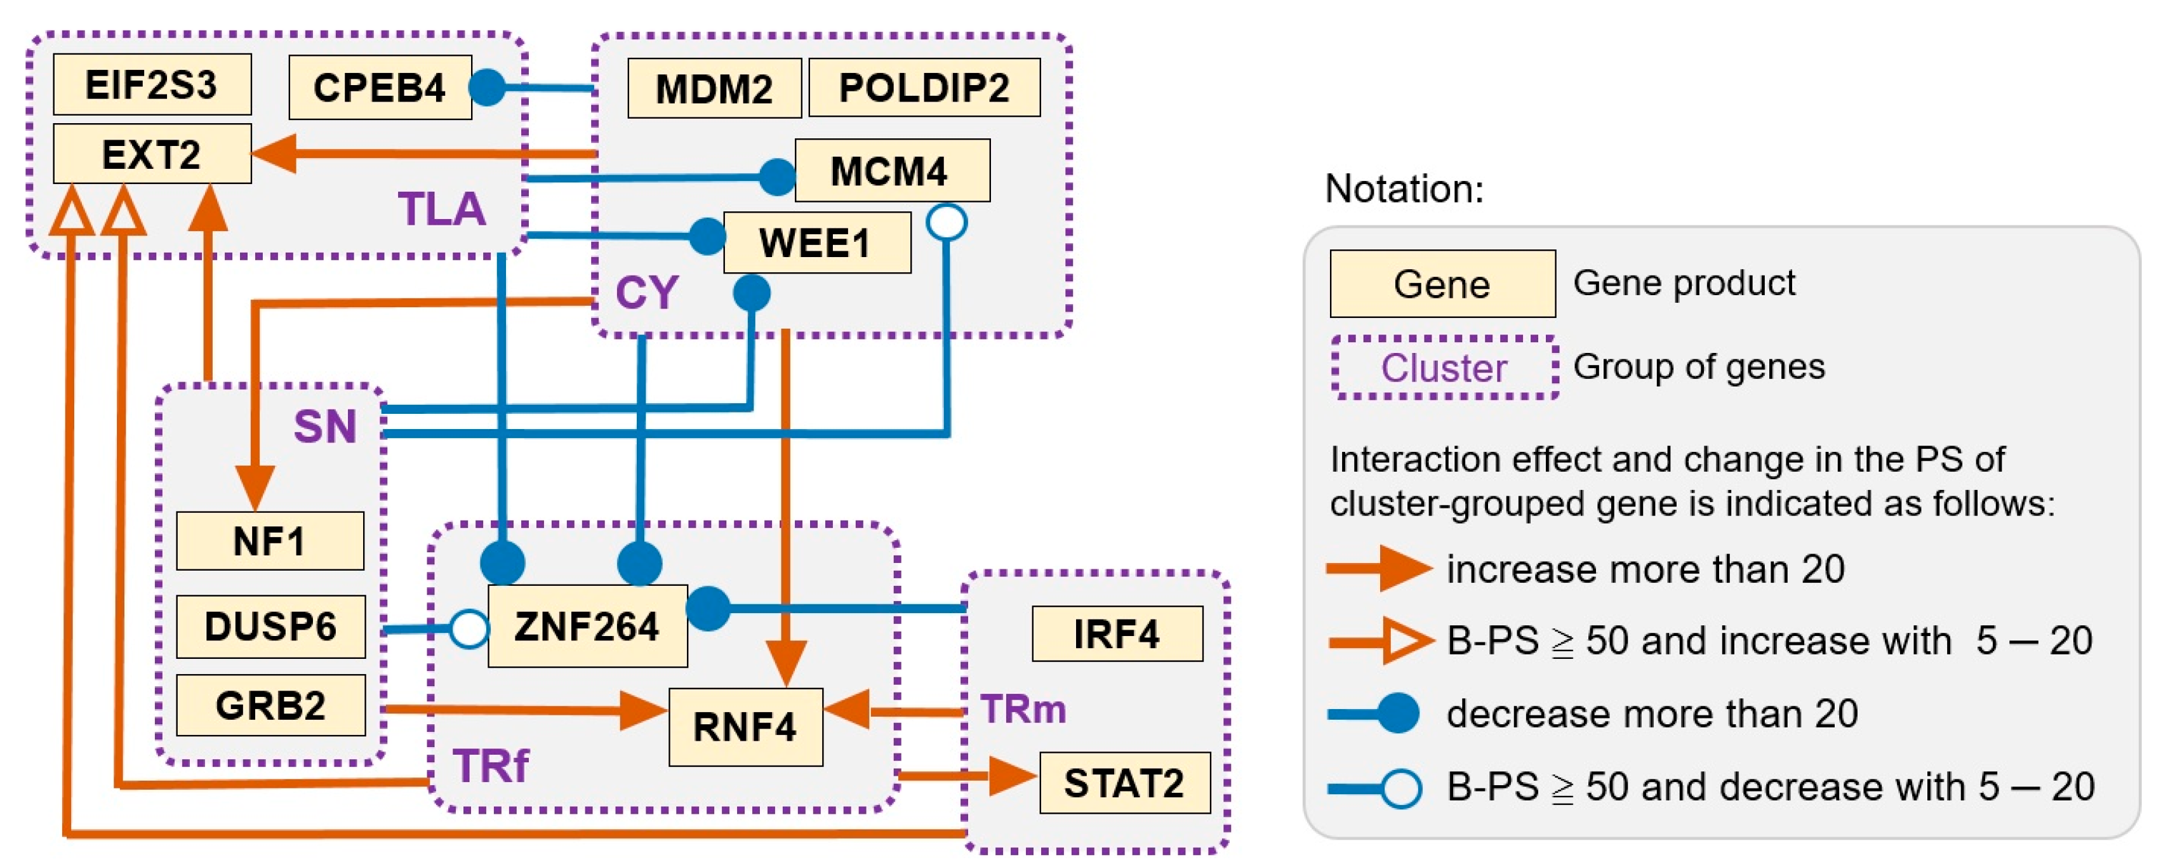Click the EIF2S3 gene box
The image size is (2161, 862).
click(152, 84)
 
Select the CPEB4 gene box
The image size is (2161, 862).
click(379, 87)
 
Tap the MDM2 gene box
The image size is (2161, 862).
click(714, 88)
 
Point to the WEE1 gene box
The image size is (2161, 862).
click(815, 242)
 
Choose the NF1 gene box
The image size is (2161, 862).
click(269, 541)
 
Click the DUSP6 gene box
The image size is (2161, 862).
click(270, 627)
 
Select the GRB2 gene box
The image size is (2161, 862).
click(270, 705)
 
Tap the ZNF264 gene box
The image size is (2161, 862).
click(587, 627)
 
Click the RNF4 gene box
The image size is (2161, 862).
click(745, 727)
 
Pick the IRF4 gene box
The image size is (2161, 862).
click(1117, 634)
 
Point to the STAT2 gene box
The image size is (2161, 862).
click(1124, 783)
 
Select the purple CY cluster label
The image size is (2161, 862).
click(646, 293)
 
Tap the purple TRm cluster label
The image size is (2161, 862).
click(1023, 710)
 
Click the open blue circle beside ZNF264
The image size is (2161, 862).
click(469, 628)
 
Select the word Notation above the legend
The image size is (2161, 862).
click(1404, 189)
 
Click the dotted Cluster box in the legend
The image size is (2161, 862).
click(1444, 368)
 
